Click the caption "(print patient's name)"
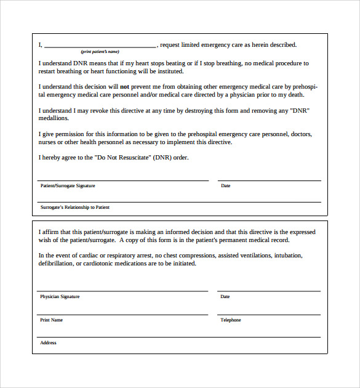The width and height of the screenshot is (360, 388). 100,51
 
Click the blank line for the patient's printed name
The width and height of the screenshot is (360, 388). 100,47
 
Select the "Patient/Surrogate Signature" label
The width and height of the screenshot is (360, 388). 68,185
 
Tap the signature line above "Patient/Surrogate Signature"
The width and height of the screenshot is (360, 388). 122,180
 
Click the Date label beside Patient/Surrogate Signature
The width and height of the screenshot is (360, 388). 226,185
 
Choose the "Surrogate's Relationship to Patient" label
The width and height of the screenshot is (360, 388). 74,207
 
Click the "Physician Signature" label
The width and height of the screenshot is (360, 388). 60,296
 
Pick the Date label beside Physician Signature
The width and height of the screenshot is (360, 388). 225,296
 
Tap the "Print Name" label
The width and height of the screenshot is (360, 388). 52,320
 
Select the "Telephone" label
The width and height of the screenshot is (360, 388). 231,320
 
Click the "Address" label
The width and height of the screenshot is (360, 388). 48,342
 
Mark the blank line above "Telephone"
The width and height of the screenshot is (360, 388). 269,314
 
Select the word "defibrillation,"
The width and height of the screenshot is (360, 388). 56,264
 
